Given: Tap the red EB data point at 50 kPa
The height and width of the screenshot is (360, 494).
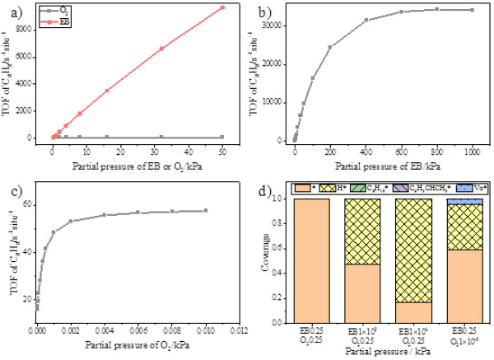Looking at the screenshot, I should tap(222, 7).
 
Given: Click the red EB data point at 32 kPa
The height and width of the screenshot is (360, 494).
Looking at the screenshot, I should tap(161, 49).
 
